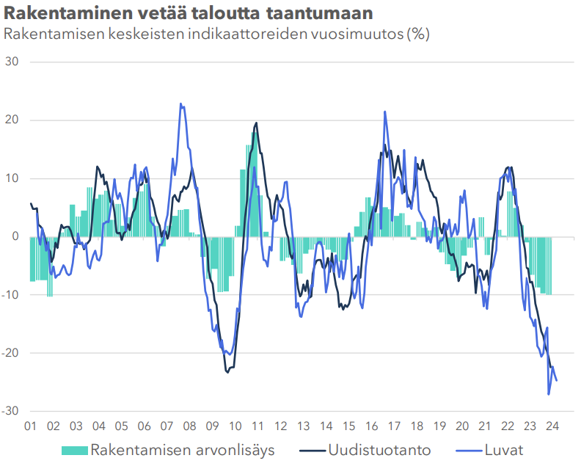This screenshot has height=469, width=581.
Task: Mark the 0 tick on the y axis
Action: pos(16,236)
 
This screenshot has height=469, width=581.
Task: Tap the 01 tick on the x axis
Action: pos(31,426)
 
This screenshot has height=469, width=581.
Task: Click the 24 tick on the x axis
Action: pos(554,426)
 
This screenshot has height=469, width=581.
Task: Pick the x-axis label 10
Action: pos(235,426)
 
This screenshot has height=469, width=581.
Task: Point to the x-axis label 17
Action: pos(395,426)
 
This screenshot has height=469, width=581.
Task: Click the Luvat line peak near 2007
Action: pos(181,104)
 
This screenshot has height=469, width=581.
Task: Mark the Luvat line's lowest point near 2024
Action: pos(549,394)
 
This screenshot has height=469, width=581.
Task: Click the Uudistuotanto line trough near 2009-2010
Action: pos(227,372)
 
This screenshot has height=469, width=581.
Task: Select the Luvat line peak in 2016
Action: pos(384,112)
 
